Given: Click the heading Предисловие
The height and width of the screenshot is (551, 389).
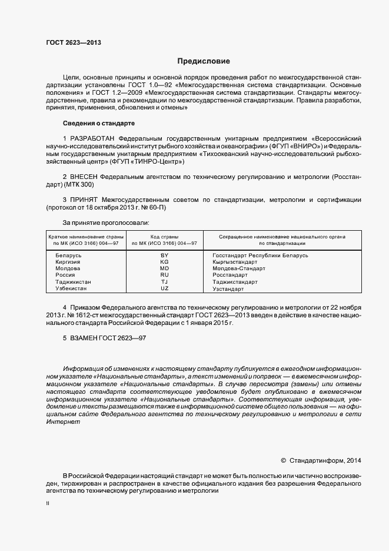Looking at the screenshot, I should point(204,61).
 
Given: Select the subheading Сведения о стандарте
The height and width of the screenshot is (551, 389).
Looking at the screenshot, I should point(99,123).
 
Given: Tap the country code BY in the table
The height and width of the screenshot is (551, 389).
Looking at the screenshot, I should point(164,255).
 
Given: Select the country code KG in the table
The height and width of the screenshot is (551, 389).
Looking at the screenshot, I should point(164,262).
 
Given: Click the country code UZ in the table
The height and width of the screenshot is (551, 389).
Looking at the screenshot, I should point(164,288).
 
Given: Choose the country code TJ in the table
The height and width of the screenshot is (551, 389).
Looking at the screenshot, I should point(164,282).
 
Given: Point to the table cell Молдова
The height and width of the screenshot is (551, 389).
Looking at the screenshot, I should point(68,268).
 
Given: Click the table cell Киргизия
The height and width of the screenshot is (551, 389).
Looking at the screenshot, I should point(69,262).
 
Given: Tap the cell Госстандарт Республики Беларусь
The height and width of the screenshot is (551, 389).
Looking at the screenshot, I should point(260,255).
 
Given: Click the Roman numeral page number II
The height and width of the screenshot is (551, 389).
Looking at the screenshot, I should point(48,503).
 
